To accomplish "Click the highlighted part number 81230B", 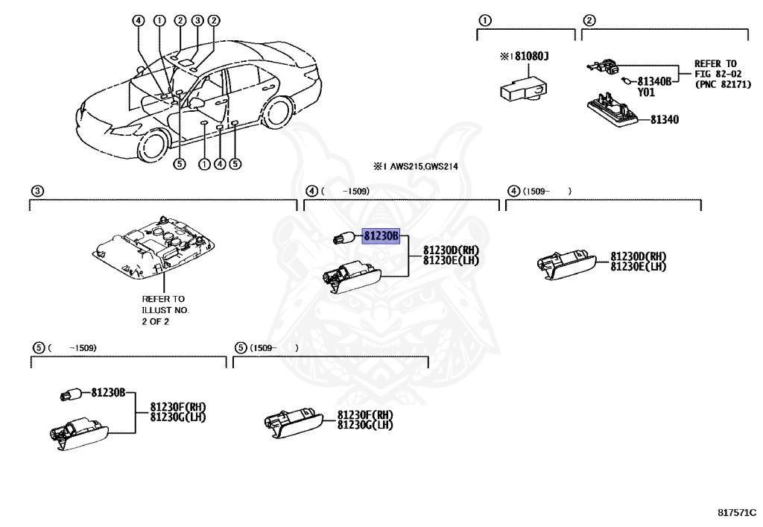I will click(381, 236).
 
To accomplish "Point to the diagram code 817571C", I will click(736, 513).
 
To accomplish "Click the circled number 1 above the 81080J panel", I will click(484, 19).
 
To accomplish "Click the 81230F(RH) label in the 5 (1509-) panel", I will click(365, 415).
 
